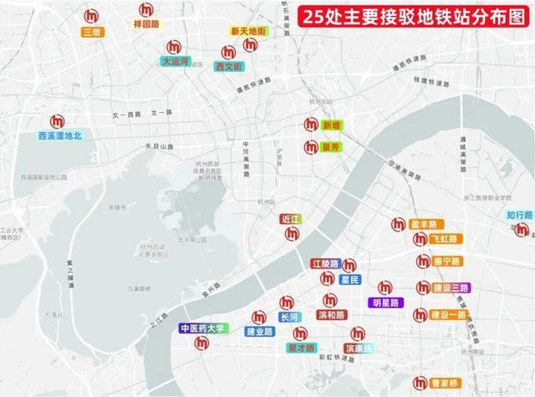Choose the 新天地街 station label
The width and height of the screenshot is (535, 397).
point(248,31)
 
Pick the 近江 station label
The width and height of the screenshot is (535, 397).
point(290,218)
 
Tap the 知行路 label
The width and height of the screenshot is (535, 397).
point(518,215)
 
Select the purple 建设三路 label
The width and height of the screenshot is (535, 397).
point(451,288)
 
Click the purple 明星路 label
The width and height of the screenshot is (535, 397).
point(386,303)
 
